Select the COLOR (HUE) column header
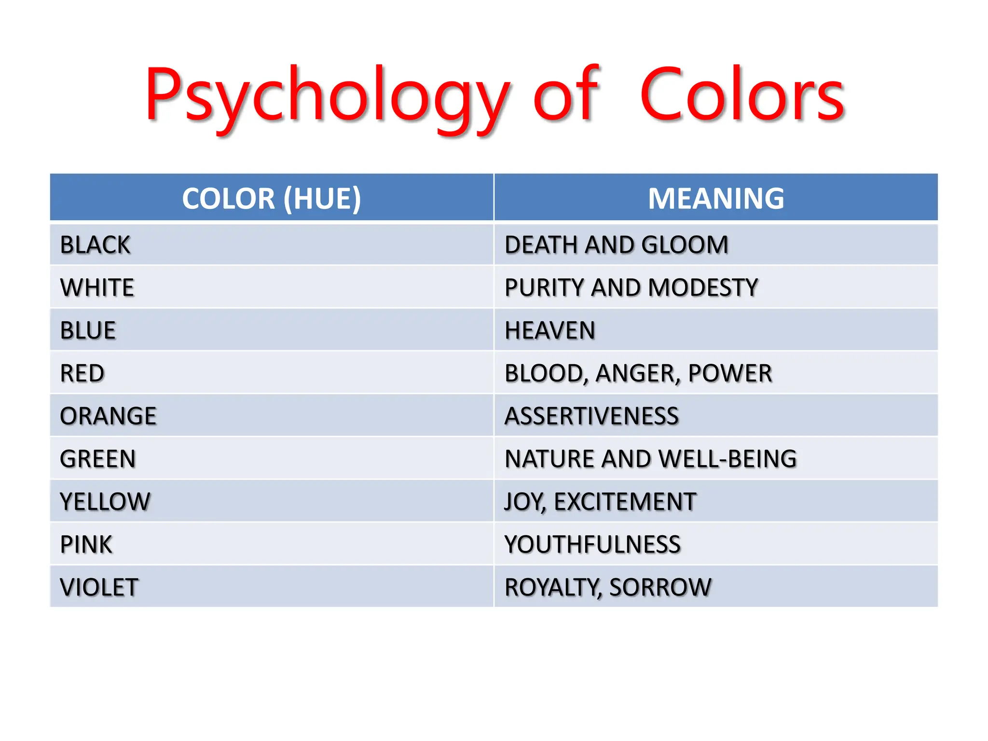[271, 198]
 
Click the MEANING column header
[716, 198]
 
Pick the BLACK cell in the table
[95, 245]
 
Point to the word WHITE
[97, 288]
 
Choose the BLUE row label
[88, 330]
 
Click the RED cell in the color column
[82, 373]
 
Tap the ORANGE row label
[108, 416]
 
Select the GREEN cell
[97, 459]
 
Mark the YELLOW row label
[105, 502]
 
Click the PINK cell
[86, 544]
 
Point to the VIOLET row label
[99, 587]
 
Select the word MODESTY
[703, 288]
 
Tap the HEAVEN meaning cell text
[549, 330]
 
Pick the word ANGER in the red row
[638, 373]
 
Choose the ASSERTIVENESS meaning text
[591, 416]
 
